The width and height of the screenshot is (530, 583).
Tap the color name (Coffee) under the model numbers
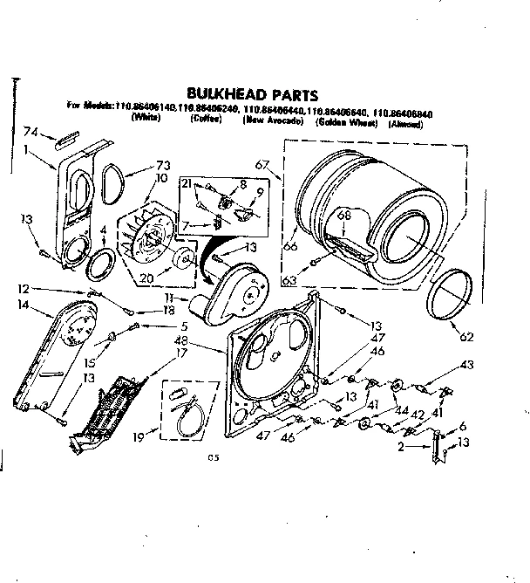pyautogui.click(x=207, y=119)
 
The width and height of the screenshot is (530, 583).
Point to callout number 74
pyautogui.click(x=31, y=134)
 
